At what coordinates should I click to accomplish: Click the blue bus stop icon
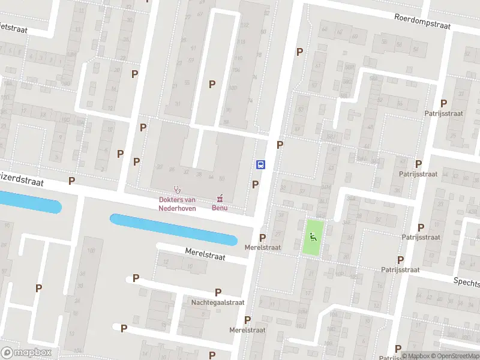261,164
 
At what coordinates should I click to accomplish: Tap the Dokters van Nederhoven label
177,204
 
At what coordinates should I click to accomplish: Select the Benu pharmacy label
220,208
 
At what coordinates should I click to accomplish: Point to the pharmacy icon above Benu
220,198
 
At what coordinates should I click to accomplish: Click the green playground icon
313,236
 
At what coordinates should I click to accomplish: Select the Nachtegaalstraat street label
218,302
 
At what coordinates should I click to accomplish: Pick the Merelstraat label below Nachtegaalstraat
247,330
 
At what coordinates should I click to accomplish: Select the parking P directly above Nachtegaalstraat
218,292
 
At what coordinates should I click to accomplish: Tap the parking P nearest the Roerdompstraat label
299,52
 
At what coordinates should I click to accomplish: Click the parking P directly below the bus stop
256,184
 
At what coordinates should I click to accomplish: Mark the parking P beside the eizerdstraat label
72,181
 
